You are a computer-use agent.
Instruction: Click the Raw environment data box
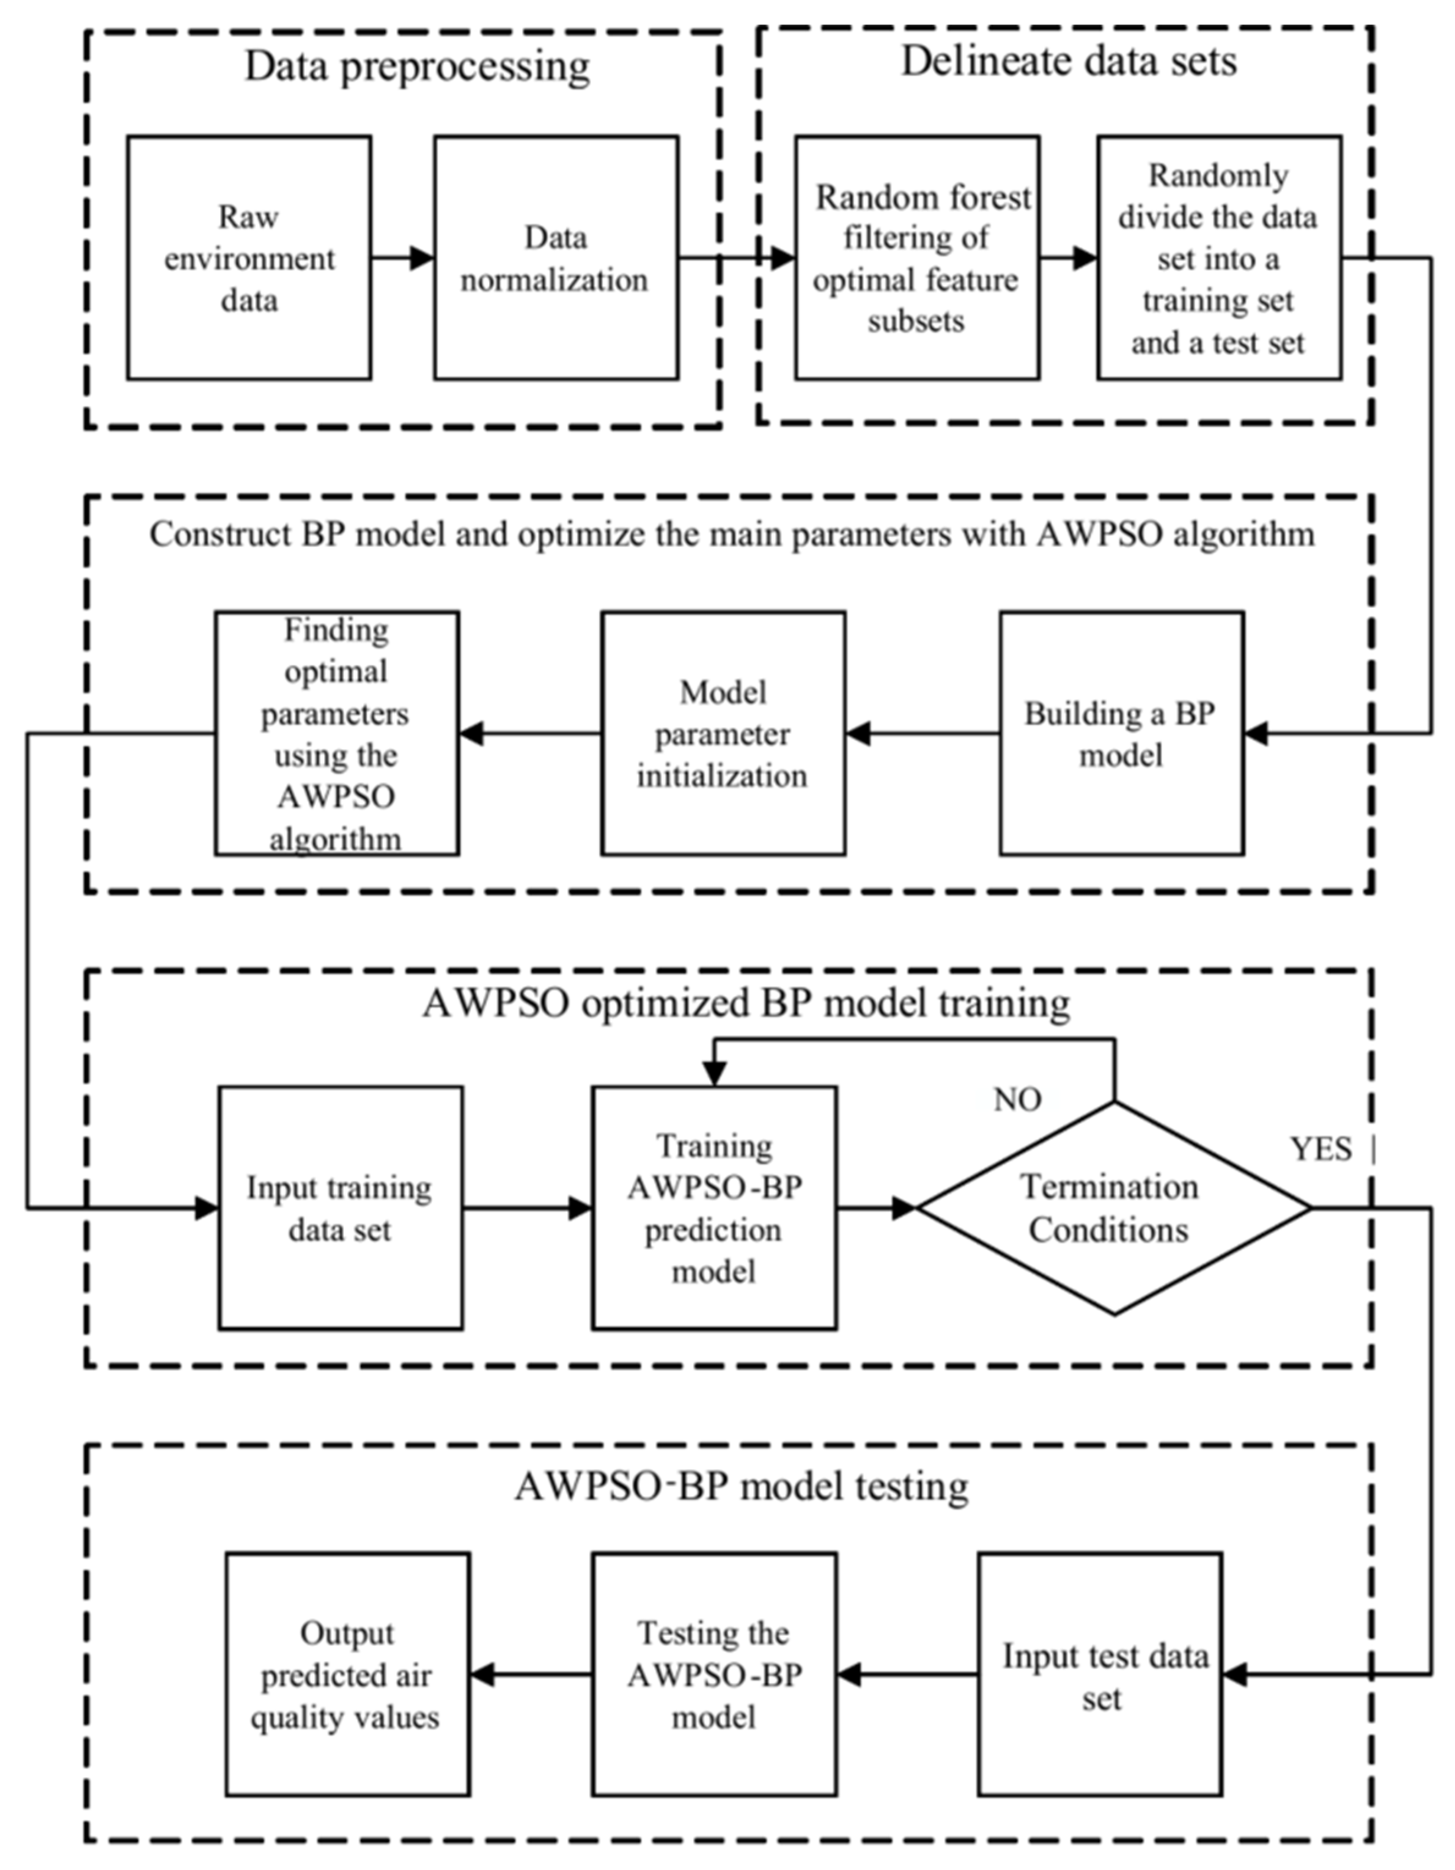click(249, 257)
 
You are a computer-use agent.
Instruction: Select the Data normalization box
click(555, 257)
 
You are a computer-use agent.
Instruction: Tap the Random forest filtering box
click(916, 257)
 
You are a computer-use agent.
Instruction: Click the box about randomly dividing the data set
click(1218, 257)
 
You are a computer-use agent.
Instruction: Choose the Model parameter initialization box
click(722, 733)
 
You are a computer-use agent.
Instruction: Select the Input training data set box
click(340, 1208)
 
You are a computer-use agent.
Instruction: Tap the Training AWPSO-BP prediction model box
click(713, 1208)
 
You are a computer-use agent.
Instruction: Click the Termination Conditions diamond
click(1113, 1208)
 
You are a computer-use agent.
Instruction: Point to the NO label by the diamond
click(1017, 1099)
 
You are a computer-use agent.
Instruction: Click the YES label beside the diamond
click(1321, 1149)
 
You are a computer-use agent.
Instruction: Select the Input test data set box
click(1100, 1675)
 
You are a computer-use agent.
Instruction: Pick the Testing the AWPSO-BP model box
click(713, 1675)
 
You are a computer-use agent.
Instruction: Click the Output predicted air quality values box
click(347, 1675)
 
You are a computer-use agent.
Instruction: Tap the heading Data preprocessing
click(417, 67)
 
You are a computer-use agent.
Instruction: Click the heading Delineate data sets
click(1068, 62)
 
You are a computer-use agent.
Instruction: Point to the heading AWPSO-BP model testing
click(741, 1486)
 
